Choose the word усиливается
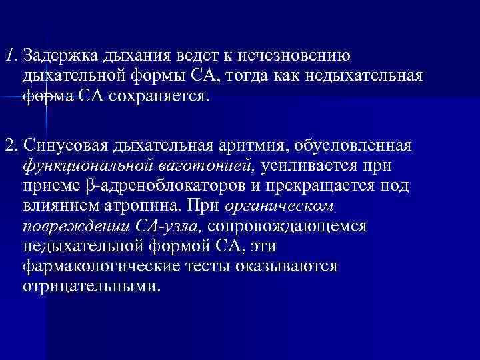pos(309,165)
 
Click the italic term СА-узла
pos(181,227)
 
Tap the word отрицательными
pos(91,288)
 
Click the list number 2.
pos(9,145)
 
